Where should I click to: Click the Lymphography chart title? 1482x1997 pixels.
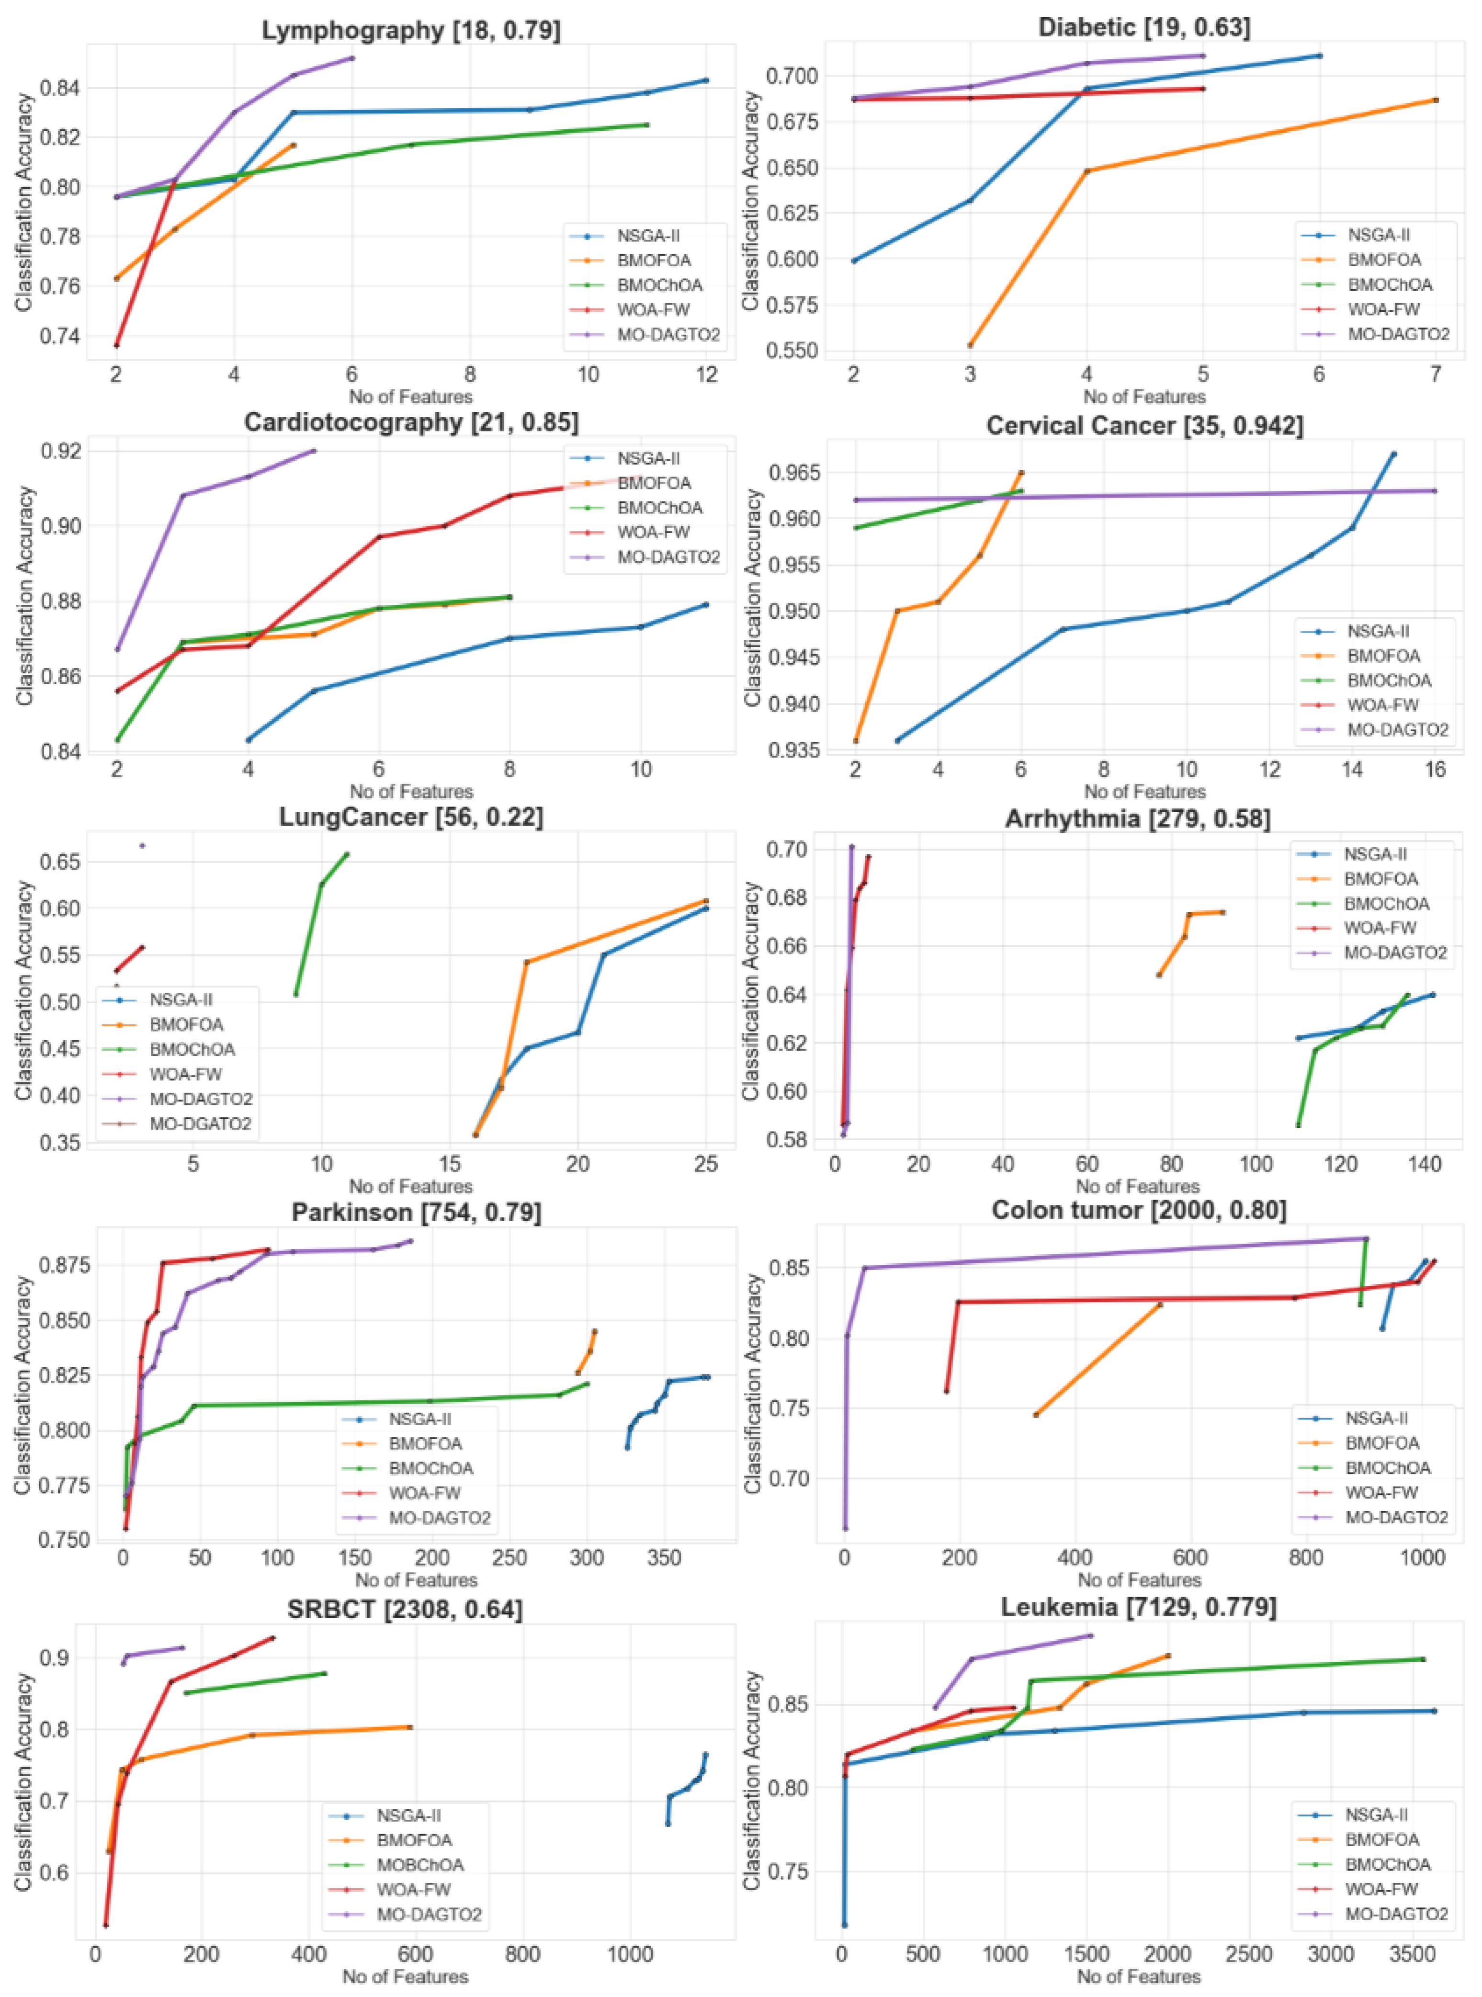click(x=411, y=31)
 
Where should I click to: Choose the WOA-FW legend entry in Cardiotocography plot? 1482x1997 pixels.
click(x=653, y=532)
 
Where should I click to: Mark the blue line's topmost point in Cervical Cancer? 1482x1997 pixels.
click(x=1393, y=454)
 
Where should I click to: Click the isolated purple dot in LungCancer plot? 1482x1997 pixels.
click(x=142, y=845)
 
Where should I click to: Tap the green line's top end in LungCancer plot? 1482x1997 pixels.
click(x=347, y=854)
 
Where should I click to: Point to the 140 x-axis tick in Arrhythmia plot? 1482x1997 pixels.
click(x=1425, y=1165)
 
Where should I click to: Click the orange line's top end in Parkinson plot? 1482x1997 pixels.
click(x=595, y=1331)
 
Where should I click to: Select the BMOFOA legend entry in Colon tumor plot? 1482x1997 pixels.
click(x=1381, y=1442)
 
